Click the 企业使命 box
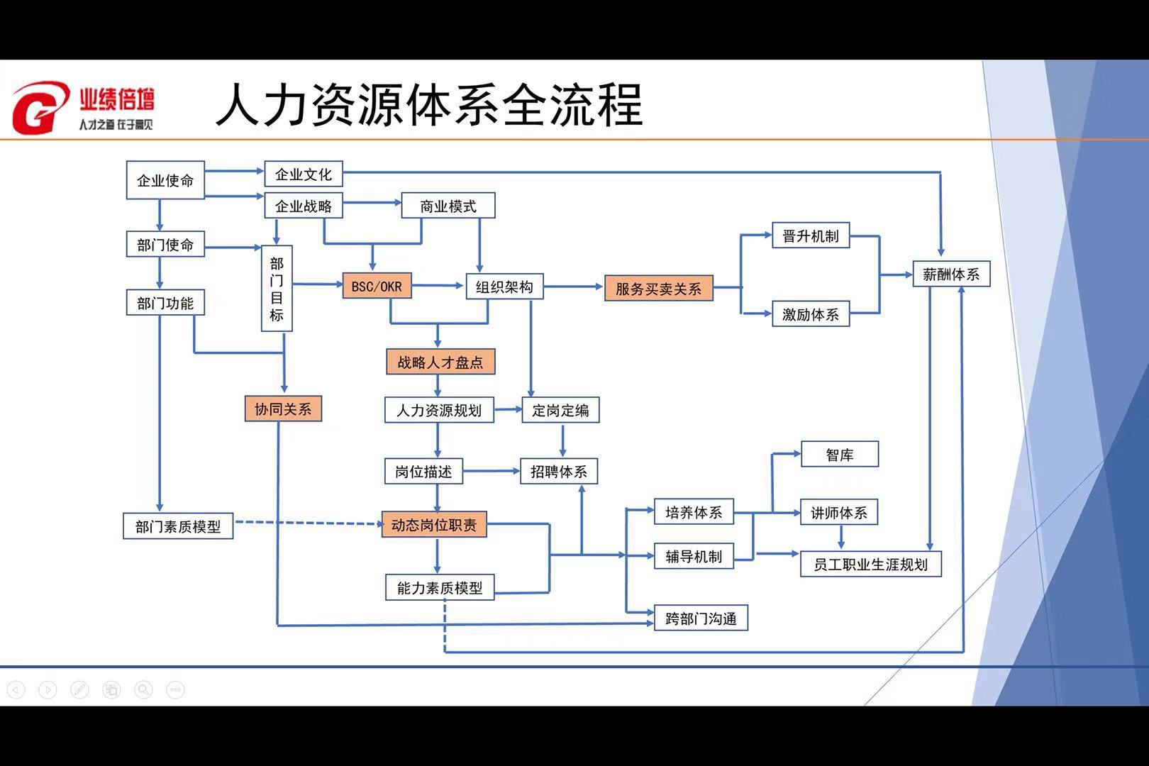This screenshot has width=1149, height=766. point(165,181)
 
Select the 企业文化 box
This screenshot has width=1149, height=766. point(304,174)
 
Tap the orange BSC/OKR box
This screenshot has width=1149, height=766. point(377,286)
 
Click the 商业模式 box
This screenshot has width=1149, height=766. point(448,206)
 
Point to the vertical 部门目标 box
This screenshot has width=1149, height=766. point(277,288)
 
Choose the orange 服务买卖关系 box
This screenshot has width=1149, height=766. point(658,289)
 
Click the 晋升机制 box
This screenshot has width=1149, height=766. point(811,236)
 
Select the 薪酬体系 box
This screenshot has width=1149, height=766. point(950,274)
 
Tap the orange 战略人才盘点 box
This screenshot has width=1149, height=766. point(440,362)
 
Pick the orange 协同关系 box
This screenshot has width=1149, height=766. point(283,409)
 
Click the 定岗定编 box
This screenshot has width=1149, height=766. point(560,410)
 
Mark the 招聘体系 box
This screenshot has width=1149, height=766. point(559,471)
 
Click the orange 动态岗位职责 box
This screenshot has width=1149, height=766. point(434,525)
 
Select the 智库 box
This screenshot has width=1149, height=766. point(840,455)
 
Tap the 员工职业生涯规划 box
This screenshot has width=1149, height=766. point(870,565)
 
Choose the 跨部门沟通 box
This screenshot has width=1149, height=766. point(701,618)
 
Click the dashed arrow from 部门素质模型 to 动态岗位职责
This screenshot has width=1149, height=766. point(306,523)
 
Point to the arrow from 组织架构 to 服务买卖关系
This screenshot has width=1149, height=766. point(573,287)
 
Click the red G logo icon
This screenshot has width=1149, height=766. point(39,108)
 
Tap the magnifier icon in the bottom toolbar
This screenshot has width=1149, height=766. point(143,689)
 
